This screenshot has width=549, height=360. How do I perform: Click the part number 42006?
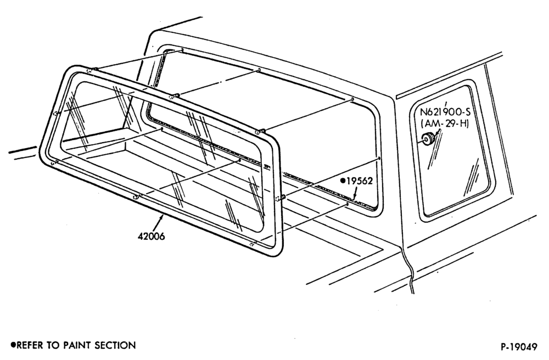152,237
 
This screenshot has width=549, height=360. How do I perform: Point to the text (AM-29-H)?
445,123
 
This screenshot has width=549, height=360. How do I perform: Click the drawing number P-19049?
519,347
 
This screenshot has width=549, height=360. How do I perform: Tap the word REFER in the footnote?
30,346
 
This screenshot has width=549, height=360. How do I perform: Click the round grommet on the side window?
428,139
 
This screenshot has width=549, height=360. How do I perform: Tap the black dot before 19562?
344,181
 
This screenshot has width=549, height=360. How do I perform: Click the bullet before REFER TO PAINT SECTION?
13,345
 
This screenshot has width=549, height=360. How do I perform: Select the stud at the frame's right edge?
282,198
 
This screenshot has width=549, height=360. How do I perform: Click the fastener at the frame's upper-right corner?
260,132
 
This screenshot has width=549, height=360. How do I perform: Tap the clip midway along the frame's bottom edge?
137,196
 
